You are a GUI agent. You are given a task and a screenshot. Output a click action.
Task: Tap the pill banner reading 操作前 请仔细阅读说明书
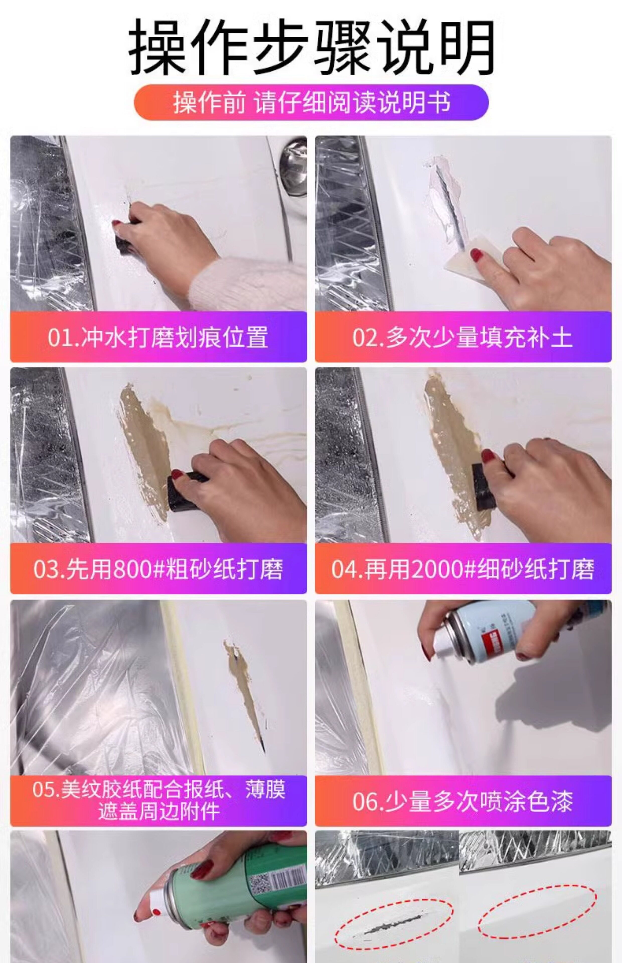click(311, 102)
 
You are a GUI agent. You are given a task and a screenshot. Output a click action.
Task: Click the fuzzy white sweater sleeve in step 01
click(250, 283)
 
